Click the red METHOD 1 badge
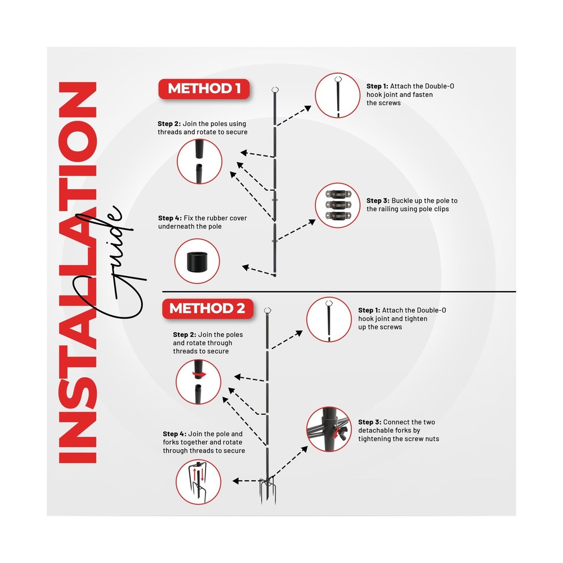click(204, 89)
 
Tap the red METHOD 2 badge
click(208, 309)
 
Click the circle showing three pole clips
click(337, 205)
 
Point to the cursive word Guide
click(108, 262)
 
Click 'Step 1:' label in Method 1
click(377, 86)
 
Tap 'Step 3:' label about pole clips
click(378, 201)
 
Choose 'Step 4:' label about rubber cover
click(170, 218)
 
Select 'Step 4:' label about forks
click(175, 434)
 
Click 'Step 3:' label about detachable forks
click(369, 422)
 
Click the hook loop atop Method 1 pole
click(275, 90)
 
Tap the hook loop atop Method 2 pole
click(267, 310)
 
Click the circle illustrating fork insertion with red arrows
click(198, 481)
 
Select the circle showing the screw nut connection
click(329, 429)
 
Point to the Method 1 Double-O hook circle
click(337, 95)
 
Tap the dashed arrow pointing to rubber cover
click(259, 271)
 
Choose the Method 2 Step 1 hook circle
click(329, 320)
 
